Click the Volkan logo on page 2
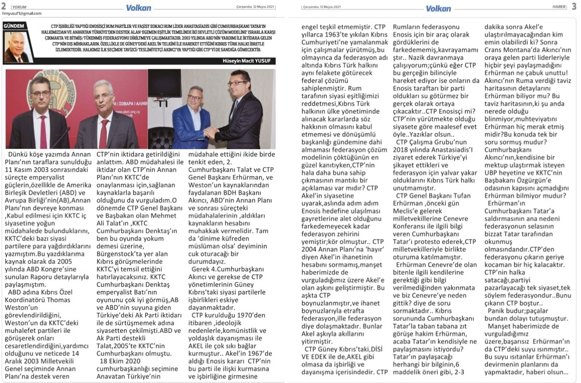tap(138, 7)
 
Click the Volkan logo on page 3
tap(438, 8)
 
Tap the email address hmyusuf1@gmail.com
tap(22, 14)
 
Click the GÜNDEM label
tap(14, 25)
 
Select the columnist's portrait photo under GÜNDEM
tap(15, 47)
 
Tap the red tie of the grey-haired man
tap(103, 129)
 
